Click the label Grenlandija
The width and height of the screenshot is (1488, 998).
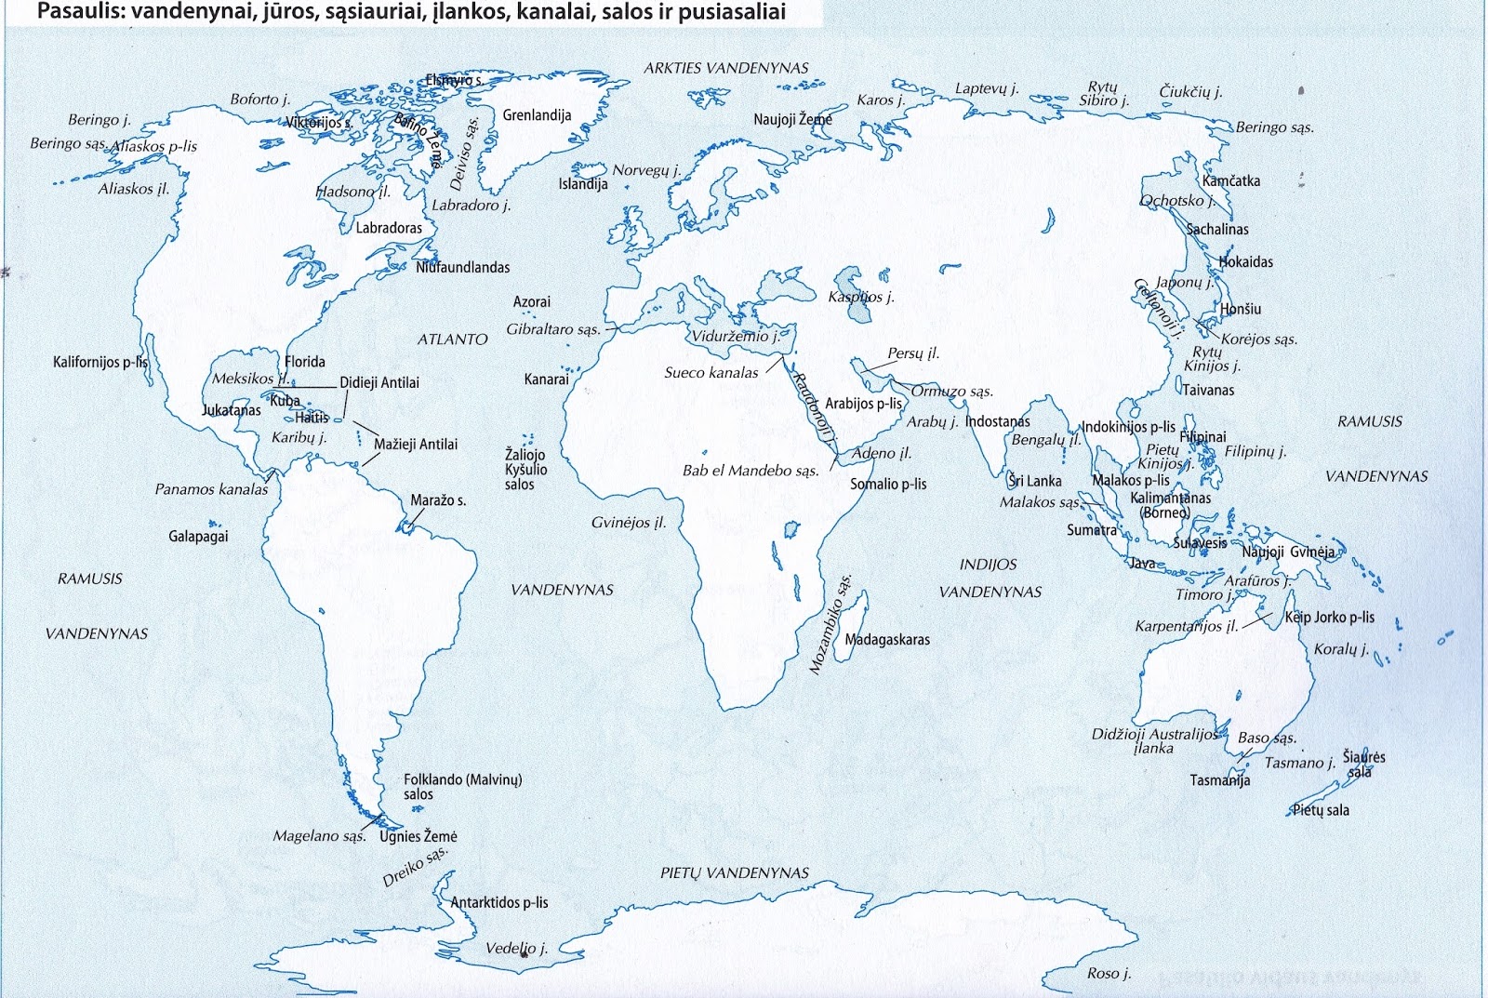537,115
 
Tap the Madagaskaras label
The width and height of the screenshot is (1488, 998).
886,640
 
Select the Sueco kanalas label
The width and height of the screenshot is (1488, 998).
711,373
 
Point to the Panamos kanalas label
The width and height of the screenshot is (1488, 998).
211,489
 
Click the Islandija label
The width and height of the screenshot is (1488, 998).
582,184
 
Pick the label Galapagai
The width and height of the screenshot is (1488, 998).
198,537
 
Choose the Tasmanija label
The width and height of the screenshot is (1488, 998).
1219,780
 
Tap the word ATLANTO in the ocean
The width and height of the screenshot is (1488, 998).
452,339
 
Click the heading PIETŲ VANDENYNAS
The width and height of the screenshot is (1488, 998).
735,873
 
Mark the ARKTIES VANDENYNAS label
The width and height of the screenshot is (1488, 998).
726,68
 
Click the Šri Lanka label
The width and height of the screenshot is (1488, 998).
1035,481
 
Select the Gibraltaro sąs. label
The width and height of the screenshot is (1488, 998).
553,329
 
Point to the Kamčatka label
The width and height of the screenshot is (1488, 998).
1230,181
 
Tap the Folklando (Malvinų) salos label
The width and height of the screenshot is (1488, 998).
462,787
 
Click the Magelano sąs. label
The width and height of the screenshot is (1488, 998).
319,836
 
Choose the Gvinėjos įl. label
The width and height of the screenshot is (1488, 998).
629,523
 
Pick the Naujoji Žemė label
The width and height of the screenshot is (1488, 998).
792,119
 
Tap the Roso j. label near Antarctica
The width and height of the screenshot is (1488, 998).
1109,973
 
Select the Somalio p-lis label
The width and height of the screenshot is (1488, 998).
888,484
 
